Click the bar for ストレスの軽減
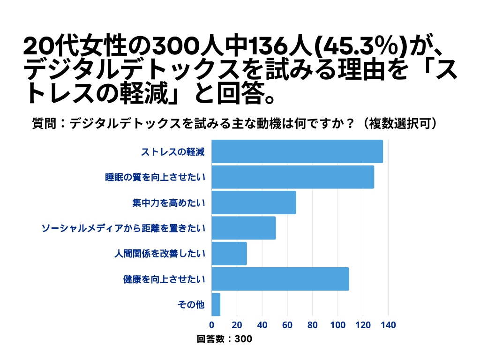tap(297, 152)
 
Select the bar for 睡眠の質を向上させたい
tap(293, 177)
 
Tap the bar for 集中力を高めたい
tap(254, 202)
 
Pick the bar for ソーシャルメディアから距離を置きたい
tap(244, 228)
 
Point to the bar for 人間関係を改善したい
tap(229, 254)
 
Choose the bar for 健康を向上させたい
tap(280, 279)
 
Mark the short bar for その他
tap(216, 304)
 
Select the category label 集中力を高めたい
tap(169, 203)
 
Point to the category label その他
tap(191, 305)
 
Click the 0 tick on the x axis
tap(212, 325)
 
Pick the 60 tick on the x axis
tap(287, 325)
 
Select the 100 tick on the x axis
tap(338, 325)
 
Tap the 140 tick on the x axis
tap(389, 325)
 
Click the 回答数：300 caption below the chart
tap(225, 339)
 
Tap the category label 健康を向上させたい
tap(164, 279)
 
